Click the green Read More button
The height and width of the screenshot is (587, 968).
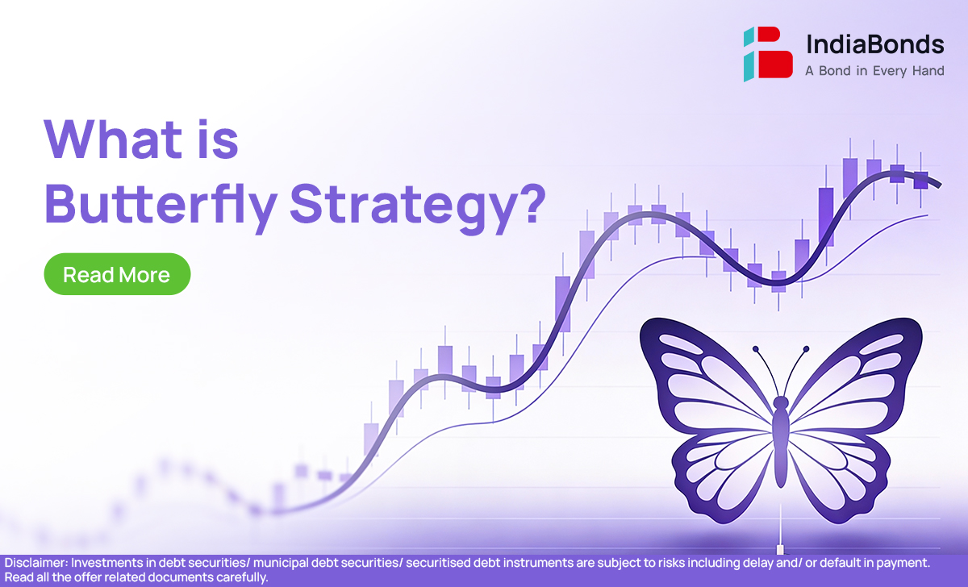117,274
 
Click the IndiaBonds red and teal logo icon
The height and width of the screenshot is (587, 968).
768,54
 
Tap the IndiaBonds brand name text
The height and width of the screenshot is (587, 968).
874,44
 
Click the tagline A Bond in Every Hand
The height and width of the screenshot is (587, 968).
874,71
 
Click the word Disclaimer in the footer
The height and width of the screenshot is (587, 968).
35,563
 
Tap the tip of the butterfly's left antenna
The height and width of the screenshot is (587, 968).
755,348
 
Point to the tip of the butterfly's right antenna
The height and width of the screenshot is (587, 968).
806,348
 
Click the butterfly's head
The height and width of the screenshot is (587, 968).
781,403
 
